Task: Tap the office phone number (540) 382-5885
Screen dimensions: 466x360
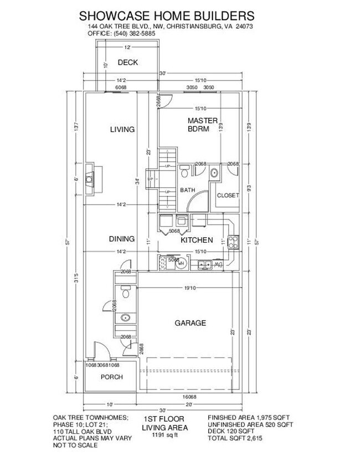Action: (x=135, y=34)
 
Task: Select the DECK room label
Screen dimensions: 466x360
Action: (x=127, y=63)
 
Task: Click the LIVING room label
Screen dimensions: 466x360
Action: (x=122, y=130)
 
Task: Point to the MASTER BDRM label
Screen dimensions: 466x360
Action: (x=198, y=125)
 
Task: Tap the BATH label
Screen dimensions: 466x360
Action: (x=187, y=191)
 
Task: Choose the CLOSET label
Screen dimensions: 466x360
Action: (x=227, y=196)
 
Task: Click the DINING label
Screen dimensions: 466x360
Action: (x=121, y=239)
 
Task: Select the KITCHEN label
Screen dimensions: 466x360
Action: (x=197, y=240)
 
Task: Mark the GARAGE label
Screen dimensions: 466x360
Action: (x=190, y=323)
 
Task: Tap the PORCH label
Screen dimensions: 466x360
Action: (x=111, y=377)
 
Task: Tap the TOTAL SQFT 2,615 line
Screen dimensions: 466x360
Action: (x=235, y=438)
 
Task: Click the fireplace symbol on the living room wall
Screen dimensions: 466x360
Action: (x=89, y=180)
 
